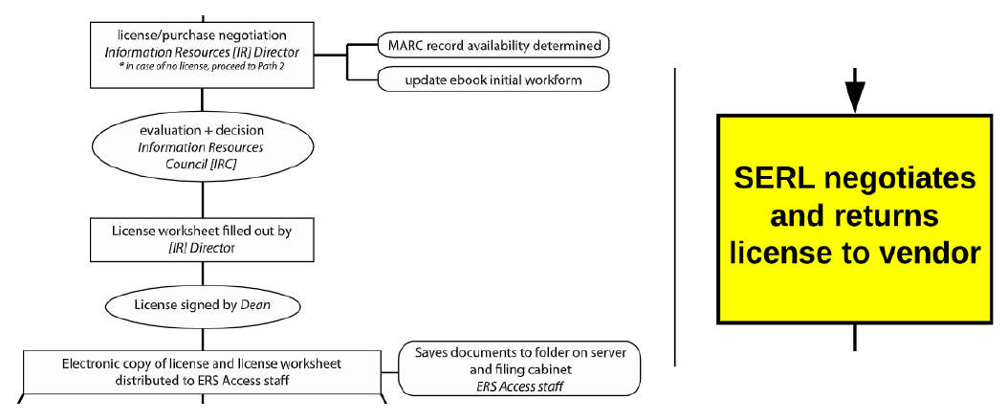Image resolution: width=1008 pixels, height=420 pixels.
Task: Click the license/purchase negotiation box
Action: [202, 55]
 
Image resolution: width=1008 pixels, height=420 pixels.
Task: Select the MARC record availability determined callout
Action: [494, 45]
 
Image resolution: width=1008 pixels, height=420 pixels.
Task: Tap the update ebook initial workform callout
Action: [494, 79]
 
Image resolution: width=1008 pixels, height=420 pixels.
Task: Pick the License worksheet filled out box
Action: [202, 239]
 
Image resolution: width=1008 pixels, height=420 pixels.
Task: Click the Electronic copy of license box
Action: [202, 372]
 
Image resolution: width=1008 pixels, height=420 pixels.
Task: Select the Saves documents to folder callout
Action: [519, 369]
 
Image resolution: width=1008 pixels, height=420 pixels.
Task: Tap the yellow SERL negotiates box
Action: [854, 218]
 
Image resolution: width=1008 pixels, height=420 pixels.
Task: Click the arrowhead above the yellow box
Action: [854, 96]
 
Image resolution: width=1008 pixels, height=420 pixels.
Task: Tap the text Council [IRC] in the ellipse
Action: [201, 165]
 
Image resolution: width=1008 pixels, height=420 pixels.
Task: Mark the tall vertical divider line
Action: [675, 215]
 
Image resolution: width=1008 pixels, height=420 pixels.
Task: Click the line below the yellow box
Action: [854, 337]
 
